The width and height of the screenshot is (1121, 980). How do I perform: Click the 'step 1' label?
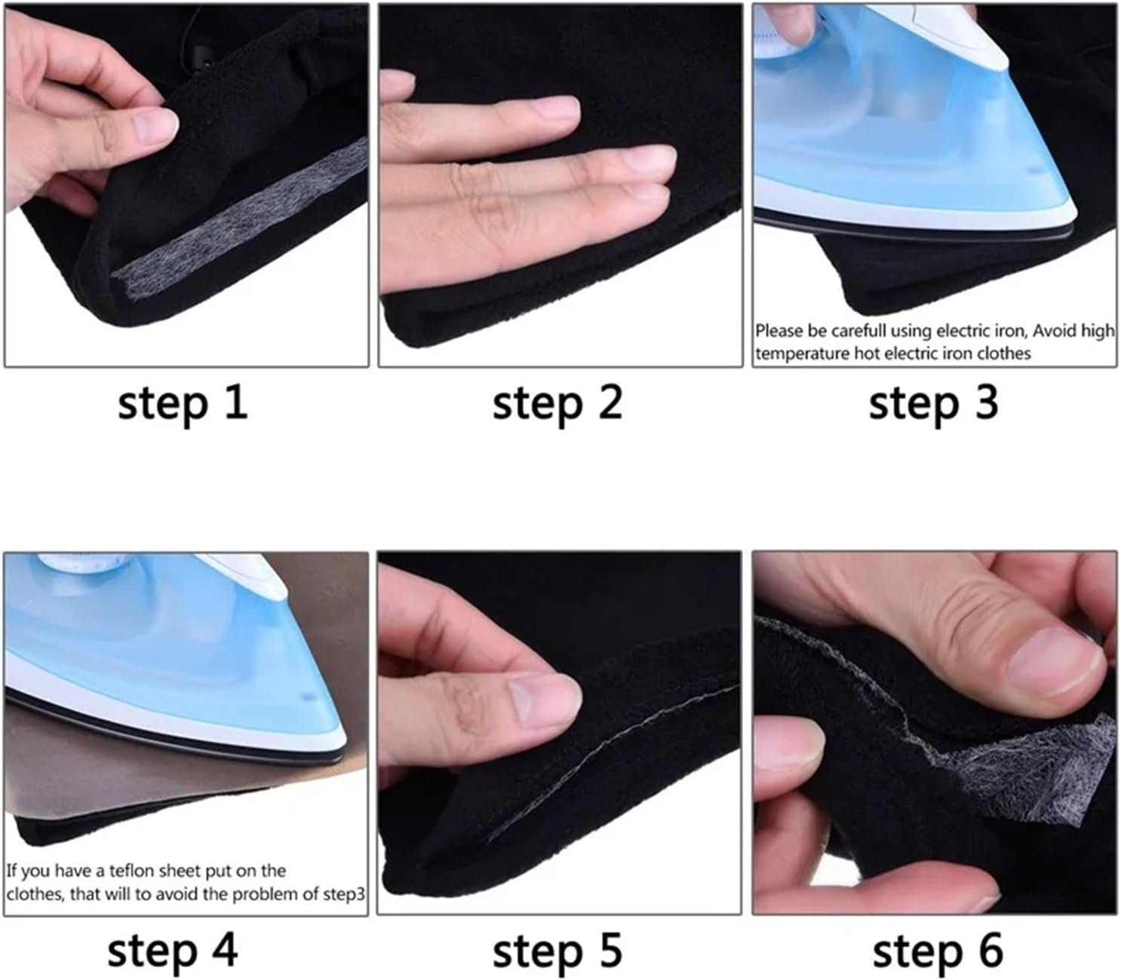tap(183, 404)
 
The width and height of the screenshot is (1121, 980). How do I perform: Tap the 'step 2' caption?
tap(557, 404)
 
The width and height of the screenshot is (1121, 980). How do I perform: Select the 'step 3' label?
tap(933, 404)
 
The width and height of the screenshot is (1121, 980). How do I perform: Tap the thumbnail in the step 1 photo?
tap(155, 125)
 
